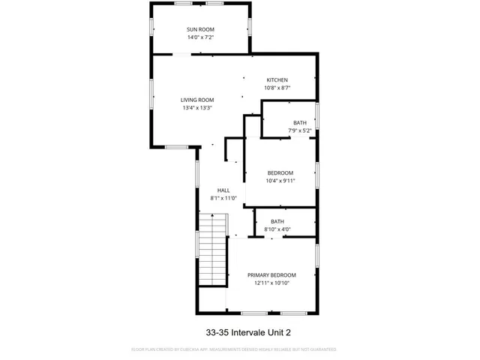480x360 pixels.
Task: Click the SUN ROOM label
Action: click(200, 29)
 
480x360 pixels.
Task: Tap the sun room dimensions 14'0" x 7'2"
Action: click(200, 37)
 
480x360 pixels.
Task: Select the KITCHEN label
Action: click(277, 80)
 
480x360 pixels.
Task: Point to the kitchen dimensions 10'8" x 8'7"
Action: click(277, 88)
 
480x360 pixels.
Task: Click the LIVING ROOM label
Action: click(198, 100)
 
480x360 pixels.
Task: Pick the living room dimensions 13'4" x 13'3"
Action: click(198, 107)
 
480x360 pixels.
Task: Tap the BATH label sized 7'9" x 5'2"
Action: click(300, 123)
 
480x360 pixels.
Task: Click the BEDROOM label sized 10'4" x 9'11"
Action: click(280, 172)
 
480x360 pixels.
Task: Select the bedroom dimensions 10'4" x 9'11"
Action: click(280, 180)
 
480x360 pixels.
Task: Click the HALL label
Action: click(223, 190)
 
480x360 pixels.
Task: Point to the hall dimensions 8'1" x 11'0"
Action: click(223, 198)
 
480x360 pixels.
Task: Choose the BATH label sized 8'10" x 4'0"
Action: click(277, 221)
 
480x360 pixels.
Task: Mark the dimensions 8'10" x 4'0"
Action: click(277, 229)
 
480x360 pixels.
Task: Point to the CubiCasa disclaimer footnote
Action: click(234, 349)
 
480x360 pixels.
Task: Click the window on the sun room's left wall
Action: click(152, 24)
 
